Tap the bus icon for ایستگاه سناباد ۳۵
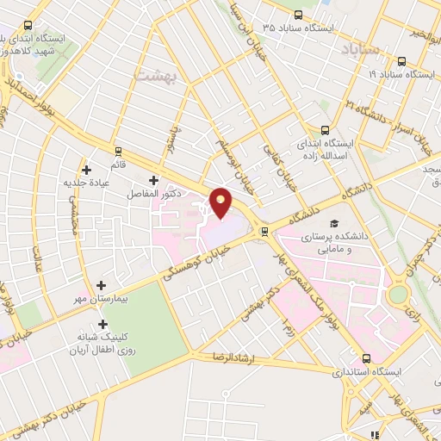click(299, 15)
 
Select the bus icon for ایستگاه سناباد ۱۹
click(402, 61)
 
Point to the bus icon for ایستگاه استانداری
click(367, 358)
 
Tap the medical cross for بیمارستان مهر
click(102, 285)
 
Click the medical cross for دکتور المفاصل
click(153, 181)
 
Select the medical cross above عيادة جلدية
click(85, 170)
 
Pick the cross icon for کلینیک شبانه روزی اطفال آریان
click(103, 325)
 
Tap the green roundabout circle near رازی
click(399, 295)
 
